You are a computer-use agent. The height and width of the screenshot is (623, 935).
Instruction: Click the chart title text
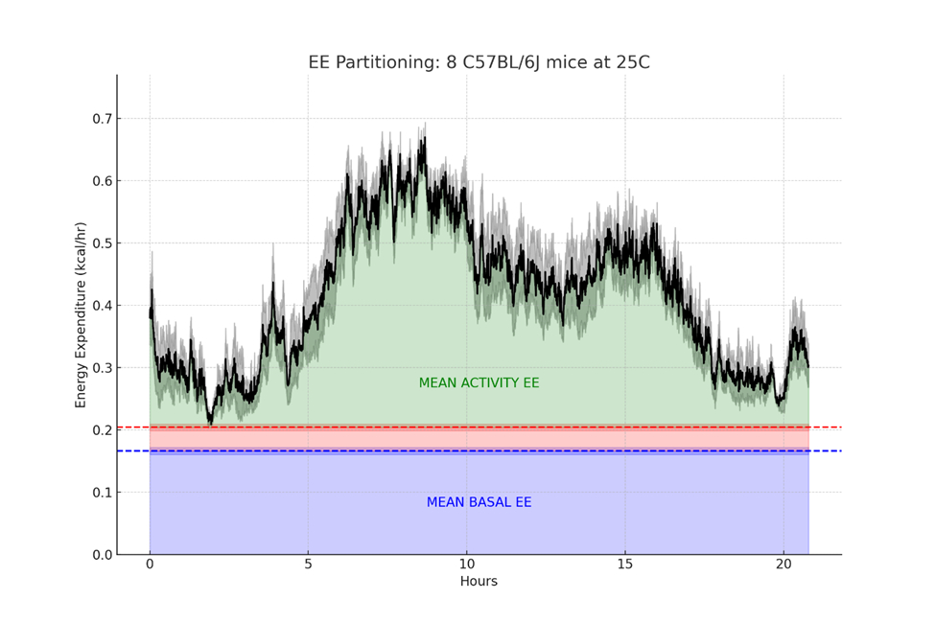tap(479, 62)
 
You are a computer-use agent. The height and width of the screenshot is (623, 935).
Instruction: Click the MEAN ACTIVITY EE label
tap(479, 383)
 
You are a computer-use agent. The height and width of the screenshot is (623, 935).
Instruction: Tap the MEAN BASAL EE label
tap(479, 502)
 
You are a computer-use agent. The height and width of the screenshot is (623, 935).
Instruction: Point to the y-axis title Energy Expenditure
tap(82, 314)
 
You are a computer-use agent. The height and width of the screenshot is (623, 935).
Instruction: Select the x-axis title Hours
tap(479, 581)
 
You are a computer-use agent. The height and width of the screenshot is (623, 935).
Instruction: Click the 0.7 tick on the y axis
tap(100, 119)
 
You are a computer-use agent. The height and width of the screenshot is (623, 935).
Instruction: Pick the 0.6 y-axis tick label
tap(100, 181)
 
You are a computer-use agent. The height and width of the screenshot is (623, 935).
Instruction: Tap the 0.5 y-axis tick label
tap(100, 243)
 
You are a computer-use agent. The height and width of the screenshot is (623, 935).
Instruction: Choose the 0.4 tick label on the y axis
tap(100, 306)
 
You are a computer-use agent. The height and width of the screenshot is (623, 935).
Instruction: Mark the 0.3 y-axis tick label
tap(100, 368)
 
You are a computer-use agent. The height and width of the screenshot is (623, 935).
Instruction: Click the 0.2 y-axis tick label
tap(100, 430)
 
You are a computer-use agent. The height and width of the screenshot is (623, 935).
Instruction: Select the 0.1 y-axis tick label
tap(100, 493)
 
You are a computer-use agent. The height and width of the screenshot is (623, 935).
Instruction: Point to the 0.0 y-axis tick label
tap(100, 555)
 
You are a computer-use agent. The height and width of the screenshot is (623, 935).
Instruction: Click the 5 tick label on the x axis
tap(308, 565)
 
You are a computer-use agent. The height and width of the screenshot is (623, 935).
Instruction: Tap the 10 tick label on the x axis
tap(466, 565)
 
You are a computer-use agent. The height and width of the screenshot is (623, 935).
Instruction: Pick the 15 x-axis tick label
tap(624, 565)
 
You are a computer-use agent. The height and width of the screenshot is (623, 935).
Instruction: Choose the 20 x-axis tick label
tap(783, 565)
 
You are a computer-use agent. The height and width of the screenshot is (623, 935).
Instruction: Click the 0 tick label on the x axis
tap(150, 565)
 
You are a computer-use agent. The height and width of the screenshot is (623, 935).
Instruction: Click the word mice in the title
tap(558, 62)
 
